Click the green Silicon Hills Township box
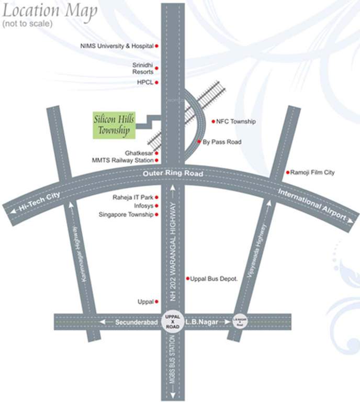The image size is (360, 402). click(114, 125)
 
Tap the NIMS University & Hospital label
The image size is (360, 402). click(117, 46)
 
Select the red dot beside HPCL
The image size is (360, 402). click(156, 83)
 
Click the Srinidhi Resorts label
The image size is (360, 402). click(142, 68)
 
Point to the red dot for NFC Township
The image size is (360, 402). click(213, 121)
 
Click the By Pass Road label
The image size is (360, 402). click(222, 142)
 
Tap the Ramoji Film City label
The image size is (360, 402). click(312, 172)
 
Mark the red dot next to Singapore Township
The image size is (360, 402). click(156, 215)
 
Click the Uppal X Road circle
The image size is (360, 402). click(173, 321)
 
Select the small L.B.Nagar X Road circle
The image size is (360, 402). click(240, 321)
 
